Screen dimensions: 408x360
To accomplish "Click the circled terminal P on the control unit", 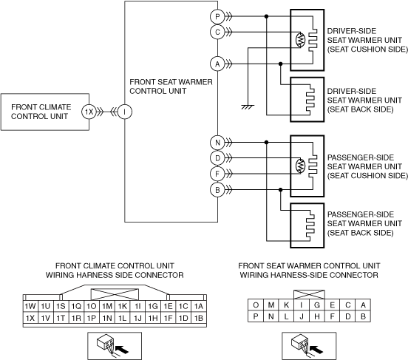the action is (217, 16).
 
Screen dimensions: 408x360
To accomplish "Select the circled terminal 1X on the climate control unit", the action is (89, 112).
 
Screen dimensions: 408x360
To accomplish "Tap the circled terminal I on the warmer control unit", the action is (125, 112).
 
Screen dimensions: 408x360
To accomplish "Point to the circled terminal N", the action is (217, 143).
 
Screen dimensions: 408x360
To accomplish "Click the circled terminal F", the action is (217, 174).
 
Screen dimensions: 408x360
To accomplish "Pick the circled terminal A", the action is (217, 64).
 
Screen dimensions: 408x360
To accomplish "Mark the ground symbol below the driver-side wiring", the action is (248, 106).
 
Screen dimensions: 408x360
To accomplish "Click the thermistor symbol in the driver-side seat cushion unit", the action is (300, 40).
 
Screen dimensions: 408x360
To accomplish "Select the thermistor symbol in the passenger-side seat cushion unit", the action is (300, 166).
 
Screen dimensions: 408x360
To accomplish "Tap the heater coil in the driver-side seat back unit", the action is (310, 100).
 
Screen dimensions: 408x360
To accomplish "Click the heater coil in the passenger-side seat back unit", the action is (310, 225).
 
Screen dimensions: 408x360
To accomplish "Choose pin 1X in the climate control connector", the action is (30, 318).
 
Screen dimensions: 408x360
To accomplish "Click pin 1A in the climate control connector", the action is (199, 306).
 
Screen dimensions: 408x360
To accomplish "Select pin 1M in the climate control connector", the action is (107, 306).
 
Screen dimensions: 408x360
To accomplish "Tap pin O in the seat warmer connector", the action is (256, 305).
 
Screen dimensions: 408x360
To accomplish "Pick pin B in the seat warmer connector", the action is (363, 316).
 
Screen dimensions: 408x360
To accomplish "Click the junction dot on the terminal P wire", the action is (266, 16).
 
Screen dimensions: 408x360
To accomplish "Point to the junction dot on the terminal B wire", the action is (280, 190).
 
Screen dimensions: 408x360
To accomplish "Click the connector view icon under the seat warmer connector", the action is (309, 346).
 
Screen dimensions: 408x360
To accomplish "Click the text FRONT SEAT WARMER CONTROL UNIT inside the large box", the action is (171, 86).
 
